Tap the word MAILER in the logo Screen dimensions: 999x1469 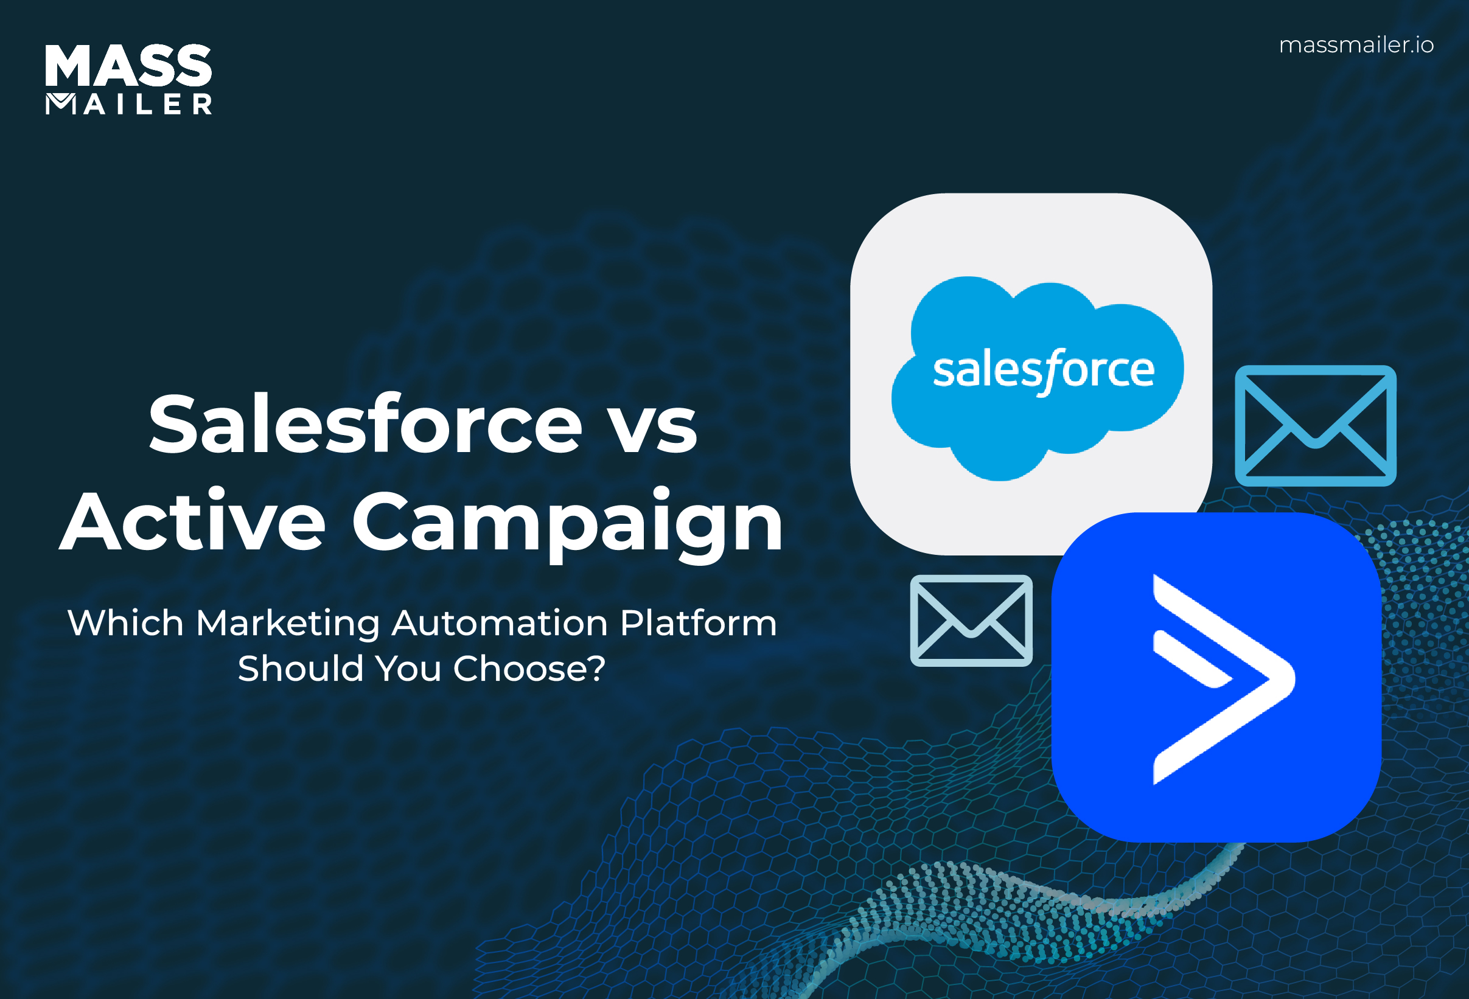(x=128, y=104)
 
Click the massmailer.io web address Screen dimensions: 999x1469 (x=1356, y=45)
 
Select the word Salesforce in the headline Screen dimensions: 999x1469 (x=365, y=423)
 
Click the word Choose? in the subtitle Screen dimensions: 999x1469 (x=529, y=669)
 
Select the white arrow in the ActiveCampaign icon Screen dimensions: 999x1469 (x=1220, y=679)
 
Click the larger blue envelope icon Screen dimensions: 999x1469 (x=1315, y=425)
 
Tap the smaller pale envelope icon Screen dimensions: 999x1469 (x=971, y=621)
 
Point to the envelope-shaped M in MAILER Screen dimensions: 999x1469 (x=61, y=103)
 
